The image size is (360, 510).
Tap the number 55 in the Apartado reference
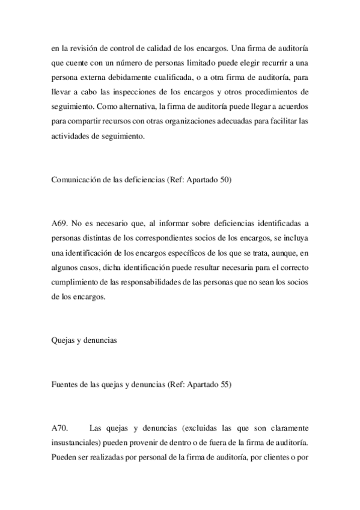225,385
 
